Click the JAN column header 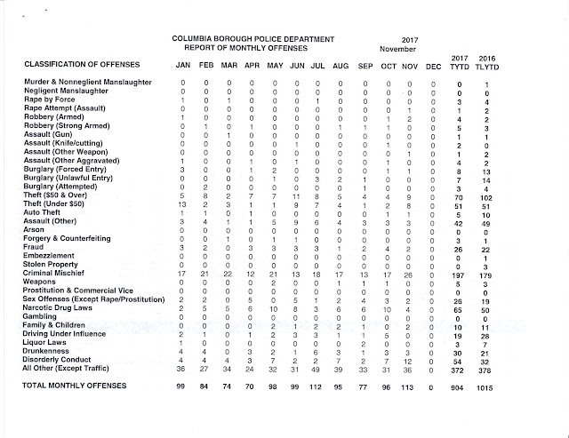point(182,65)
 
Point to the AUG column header point(341,65)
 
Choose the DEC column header point(433,65)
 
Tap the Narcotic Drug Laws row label point(61,310)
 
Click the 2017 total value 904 point(460,387)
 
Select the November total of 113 point(410,387)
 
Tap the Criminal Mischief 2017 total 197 point(459,275)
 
